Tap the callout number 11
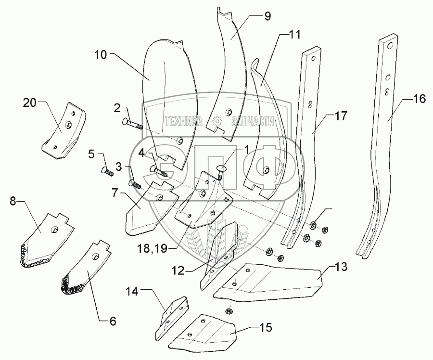click(294, 35)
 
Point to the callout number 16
click(419, 99)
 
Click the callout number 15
click(265, 328)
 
